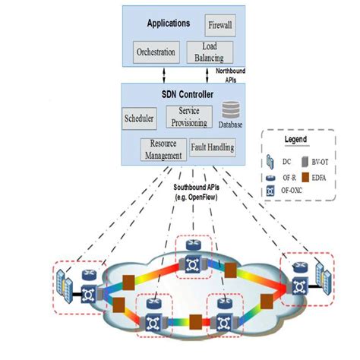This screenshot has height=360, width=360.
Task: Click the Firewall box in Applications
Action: pos(219,26)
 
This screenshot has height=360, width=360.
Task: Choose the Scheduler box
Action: pos(139,118)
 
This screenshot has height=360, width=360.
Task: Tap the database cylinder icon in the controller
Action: pos(229,109)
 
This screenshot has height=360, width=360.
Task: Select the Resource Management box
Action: pos(163,149)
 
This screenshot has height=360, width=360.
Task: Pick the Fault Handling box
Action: pos(212,147)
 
